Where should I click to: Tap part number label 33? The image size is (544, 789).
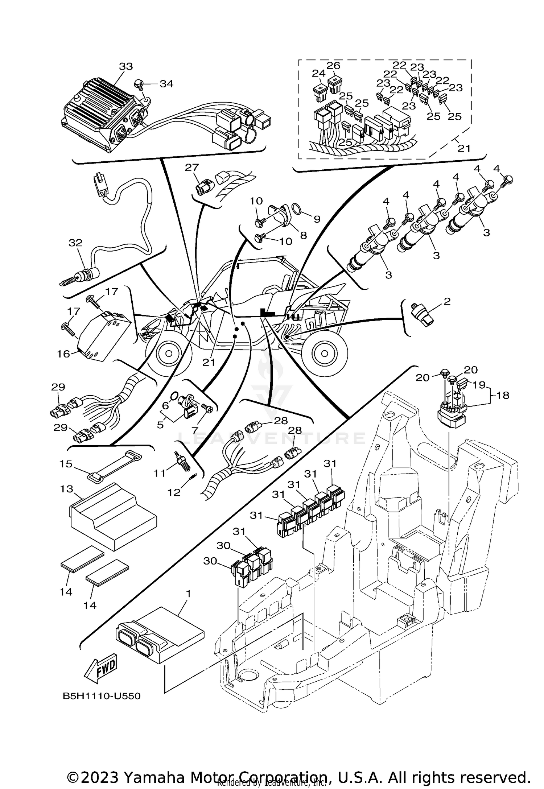[x=126, y=66]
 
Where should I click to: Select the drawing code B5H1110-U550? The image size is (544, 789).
[x=102, y=696]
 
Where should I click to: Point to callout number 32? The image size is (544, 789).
[x=76, y=243]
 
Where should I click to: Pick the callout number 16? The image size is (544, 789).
[x=63, y=354]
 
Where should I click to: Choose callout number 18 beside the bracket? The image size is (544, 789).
[x=503, y=395]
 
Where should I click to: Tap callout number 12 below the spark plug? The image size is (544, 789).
[x=174, y=492]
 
